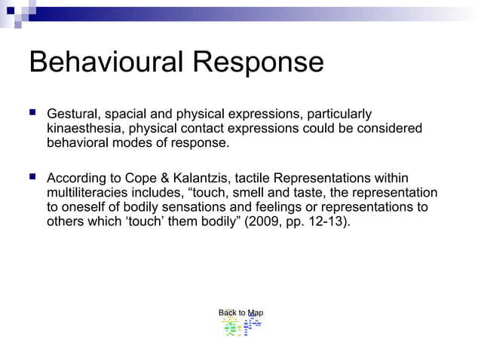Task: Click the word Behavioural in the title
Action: point(105,63)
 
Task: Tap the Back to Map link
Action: point(240,313)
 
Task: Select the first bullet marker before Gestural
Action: point(32,113)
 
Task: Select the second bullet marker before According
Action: point(32,178)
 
